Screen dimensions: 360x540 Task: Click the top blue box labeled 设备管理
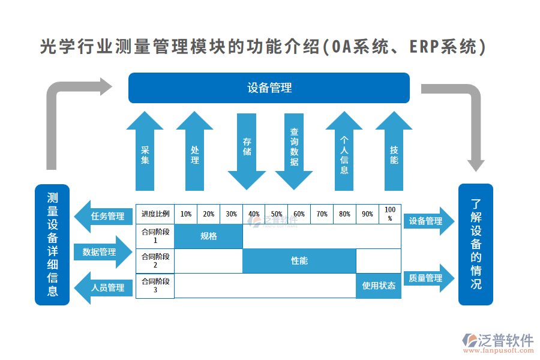pyautogui.click(x=269, y=88)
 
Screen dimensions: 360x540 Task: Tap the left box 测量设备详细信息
pyautogui.click(x=53, y=244)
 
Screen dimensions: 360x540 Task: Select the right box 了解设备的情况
pyautogui.click(x=476, y=244)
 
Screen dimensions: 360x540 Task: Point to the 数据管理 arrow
pyautogui.click(x=102, y=252)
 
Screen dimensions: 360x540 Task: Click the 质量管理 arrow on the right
pyautogui.click(x=428, y=278)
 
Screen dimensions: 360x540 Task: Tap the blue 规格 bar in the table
pyautogui.click(x=209, y=236)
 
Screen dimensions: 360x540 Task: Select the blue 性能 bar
pyautogui.click(x=299, y=260)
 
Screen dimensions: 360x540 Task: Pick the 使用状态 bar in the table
pyautogui.click(x=379, y=286)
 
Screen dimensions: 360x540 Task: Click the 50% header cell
pyautogui.click(x=277, y=214)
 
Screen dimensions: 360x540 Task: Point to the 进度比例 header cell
pyautogui.click(x=155, y=214)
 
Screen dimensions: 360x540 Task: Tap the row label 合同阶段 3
pyautogui.click(x=155, y=286)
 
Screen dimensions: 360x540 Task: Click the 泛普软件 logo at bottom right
pyautogui.click(x=498, y=342)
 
